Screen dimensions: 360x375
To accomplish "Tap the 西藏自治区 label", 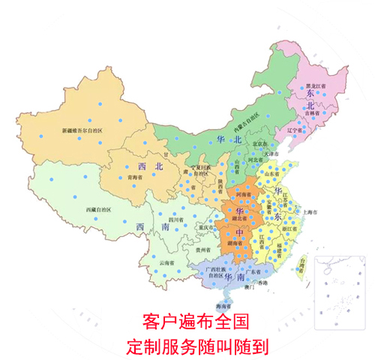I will click(100, 209).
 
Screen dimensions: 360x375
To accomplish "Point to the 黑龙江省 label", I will click(318, 87).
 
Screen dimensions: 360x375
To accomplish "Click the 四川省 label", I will click(176, 220).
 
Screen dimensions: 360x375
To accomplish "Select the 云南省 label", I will click(166, 263).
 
